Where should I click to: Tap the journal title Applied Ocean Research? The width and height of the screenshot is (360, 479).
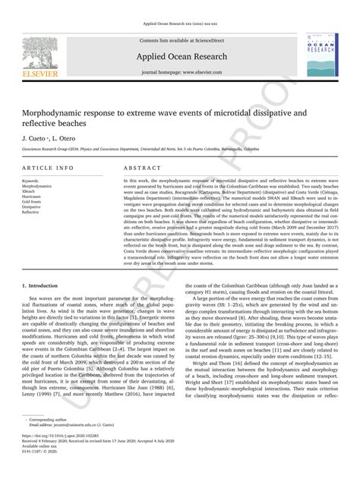[180, 57]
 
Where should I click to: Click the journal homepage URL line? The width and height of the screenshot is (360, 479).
[179, 72]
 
